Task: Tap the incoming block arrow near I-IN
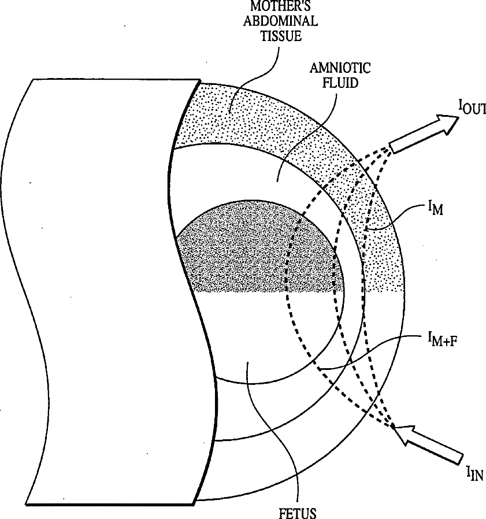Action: tap(431, 442)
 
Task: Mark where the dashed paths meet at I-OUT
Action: tap(388, 149)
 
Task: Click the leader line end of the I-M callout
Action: tap(366, 230)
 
